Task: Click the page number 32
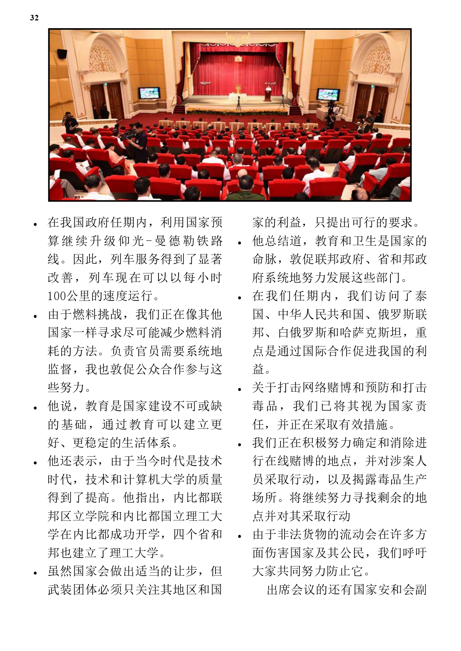tap(34, 18)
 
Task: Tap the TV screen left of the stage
tap(149, 93)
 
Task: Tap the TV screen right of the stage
tap(328, 95)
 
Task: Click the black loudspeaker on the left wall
tap(62, 53)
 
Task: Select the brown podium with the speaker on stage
tap(267, 94)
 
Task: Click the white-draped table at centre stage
tap(237, 97)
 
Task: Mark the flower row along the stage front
tap(237, 111)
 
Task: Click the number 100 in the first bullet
tap(56, 296)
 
